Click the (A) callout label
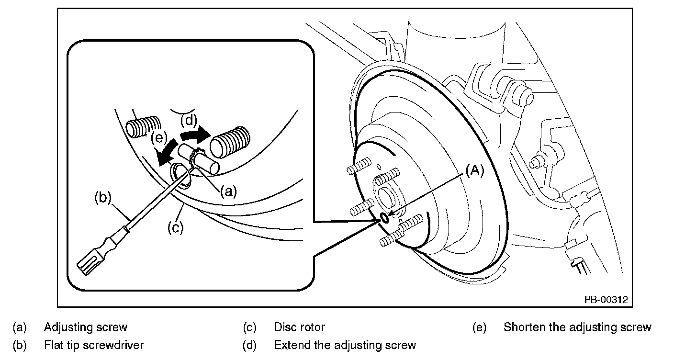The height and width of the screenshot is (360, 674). (474, 171)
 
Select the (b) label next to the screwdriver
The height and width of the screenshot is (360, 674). (104, 197)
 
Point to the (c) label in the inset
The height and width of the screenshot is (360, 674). (175, 228)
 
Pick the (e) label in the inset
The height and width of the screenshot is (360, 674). (158, 138)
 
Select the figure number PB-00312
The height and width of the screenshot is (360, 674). (605, 300)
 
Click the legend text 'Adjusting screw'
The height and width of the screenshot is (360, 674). (86, 327)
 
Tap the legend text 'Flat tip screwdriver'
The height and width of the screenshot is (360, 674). (94, 345)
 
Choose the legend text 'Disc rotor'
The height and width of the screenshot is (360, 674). (299, 327)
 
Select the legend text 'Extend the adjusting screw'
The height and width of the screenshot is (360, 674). (345, 345)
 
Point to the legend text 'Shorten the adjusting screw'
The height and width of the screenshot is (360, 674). (577, 327)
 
